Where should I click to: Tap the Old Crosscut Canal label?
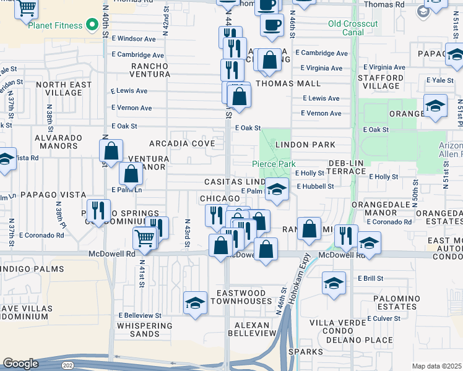pyautogui.click(x=354, y=29)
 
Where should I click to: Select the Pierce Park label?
pyautogui.click(x=273, y=164)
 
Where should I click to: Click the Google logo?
pyautogui.click(x=20, y=364)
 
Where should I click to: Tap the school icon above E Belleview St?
pyautogui.click(x=196, y=303)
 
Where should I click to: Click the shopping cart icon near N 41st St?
pyautogui.click(x=144, y=236)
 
